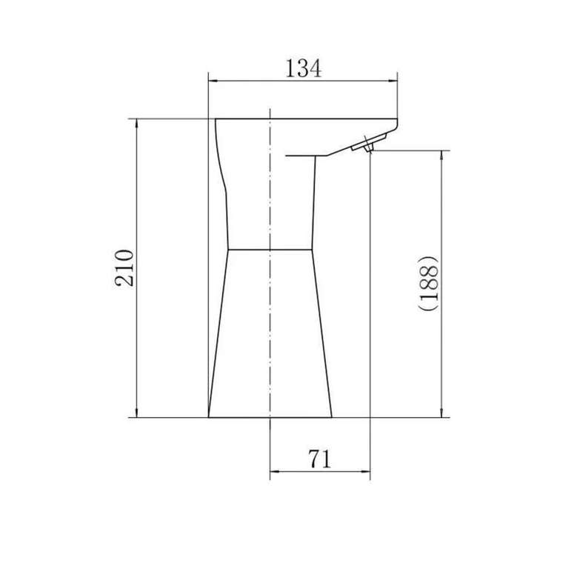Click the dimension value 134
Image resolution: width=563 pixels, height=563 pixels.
click(x=304, y=68)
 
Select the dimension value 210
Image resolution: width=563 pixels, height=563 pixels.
click(x=124, y=268)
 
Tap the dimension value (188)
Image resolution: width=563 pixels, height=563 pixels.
click(x=429, y=283)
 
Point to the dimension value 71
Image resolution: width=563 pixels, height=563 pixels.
click(x=319, y=459)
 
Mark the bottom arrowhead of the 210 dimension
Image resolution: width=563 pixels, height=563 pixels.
click(x=136, y=412)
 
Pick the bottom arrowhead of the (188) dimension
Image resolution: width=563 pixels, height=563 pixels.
click(x=442, y=412)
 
